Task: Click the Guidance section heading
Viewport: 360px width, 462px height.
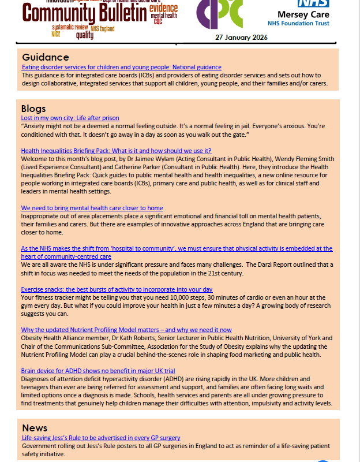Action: (x=46, y=57)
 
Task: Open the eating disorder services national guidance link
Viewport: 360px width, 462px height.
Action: (x=121, y=68)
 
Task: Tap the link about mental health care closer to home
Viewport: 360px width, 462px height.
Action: (x=92, y=208)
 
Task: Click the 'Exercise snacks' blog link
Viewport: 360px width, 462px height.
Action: (x=117, y=289)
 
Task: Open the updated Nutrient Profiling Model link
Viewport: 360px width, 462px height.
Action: (x=126, y=330)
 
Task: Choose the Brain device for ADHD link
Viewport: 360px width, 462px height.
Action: (x=98, y=370)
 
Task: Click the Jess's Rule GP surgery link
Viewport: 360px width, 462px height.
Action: (x=100, y=438)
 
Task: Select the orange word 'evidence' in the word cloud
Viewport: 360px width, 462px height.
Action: (x=163, y=8)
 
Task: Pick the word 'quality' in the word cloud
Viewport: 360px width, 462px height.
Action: (x=84, y=35)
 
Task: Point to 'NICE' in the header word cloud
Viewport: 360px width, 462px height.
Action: (x=57, y=34)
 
